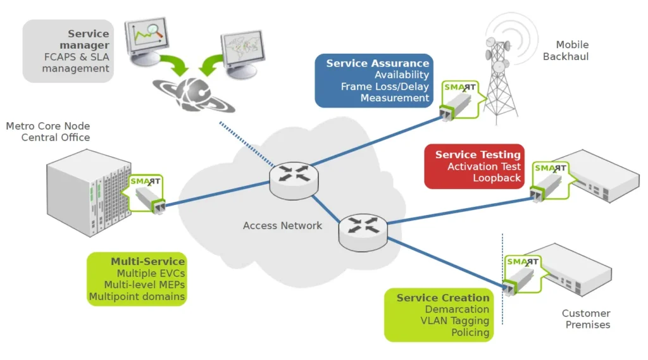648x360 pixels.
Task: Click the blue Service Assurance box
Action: coord(374,80)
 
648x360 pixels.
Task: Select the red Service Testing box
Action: coord(475,166)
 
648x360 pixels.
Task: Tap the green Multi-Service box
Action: coord(137,279)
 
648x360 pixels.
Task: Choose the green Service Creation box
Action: coord(439,315)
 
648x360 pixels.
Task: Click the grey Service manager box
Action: coord(68,51)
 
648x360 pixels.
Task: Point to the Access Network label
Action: coord(282,226)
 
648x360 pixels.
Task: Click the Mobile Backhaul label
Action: coord(566,51)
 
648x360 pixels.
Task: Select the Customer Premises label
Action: coord(587,319)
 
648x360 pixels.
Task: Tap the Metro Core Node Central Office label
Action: coord(48,132)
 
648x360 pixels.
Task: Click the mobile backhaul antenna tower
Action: coord(500,78)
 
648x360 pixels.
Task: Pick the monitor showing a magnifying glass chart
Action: coord(146,40)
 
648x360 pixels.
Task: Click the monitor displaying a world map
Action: coord(242,53)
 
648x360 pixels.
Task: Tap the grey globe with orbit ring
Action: coord(194,94)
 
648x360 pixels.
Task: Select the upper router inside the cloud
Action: coord(294,180)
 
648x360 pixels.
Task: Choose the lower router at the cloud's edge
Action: coord(363,232)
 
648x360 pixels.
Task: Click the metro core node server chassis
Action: coord(89,192)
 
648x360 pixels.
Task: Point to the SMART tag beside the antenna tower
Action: coord(459,100)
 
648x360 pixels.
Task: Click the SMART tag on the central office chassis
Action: coord(144,194)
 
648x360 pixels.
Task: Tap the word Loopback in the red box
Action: coord(497,178)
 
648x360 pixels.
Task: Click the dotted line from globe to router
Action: coord(247,144)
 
